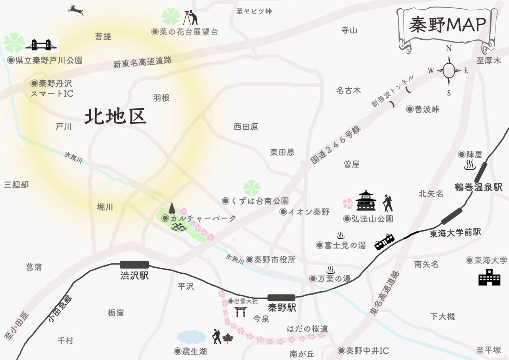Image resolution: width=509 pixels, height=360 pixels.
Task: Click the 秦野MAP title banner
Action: [x=447, y=25]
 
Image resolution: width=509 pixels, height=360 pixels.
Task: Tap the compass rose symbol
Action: [x=449, y=71]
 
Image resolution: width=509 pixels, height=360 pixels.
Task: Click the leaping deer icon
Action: [x=75, y=10]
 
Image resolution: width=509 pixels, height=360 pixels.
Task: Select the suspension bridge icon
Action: [x=41, y=45]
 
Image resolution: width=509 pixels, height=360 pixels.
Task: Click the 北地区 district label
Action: [x=116, y=117]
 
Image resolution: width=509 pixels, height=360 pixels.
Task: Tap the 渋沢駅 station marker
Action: [x=134, y=265]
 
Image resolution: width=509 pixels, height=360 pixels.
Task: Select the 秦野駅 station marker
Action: [x=281, y=298]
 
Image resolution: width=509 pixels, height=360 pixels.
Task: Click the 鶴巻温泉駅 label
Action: [x=479, y=187]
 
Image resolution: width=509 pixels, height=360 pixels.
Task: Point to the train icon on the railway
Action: [x=385, y=241]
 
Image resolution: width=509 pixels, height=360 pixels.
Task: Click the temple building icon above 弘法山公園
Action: [x=366, y=201]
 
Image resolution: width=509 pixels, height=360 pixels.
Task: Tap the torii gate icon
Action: [x=240, y=311]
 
